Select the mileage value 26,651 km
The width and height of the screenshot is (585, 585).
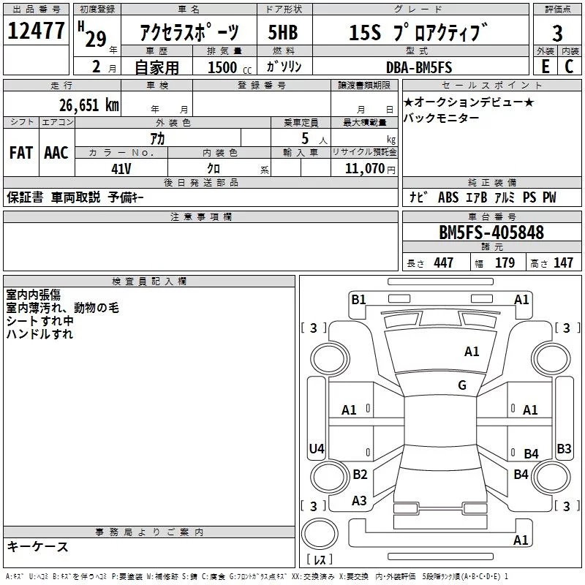[89, 105]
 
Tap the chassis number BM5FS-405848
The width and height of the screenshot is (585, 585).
[491, 233]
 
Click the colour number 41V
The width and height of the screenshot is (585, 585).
[121, 167]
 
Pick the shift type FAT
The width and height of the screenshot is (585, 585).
[21, 153]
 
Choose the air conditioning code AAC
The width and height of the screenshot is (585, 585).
[56, 153]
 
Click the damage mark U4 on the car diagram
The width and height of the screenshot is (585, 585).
[317, 448]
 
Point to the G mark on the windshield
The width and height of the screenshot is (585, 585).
[461, 385]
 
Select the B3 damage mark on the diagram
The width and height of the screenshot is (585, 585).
[564, 448]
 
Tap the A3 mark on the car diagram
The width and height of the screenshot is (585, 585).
[359, 501]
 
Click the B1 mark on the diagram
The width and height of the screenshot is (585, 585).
[358, 298]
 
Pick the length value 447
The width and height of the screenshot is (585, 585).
[443, 263]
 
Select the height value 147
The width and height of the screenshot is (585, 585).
[563, 263]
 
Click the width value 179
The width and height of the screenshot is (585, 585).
[505, 263]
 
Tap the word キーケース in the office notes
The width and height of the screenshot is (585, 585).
[37, 546]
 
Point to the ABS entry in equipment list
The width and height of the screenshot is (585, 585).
[448, 197]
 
